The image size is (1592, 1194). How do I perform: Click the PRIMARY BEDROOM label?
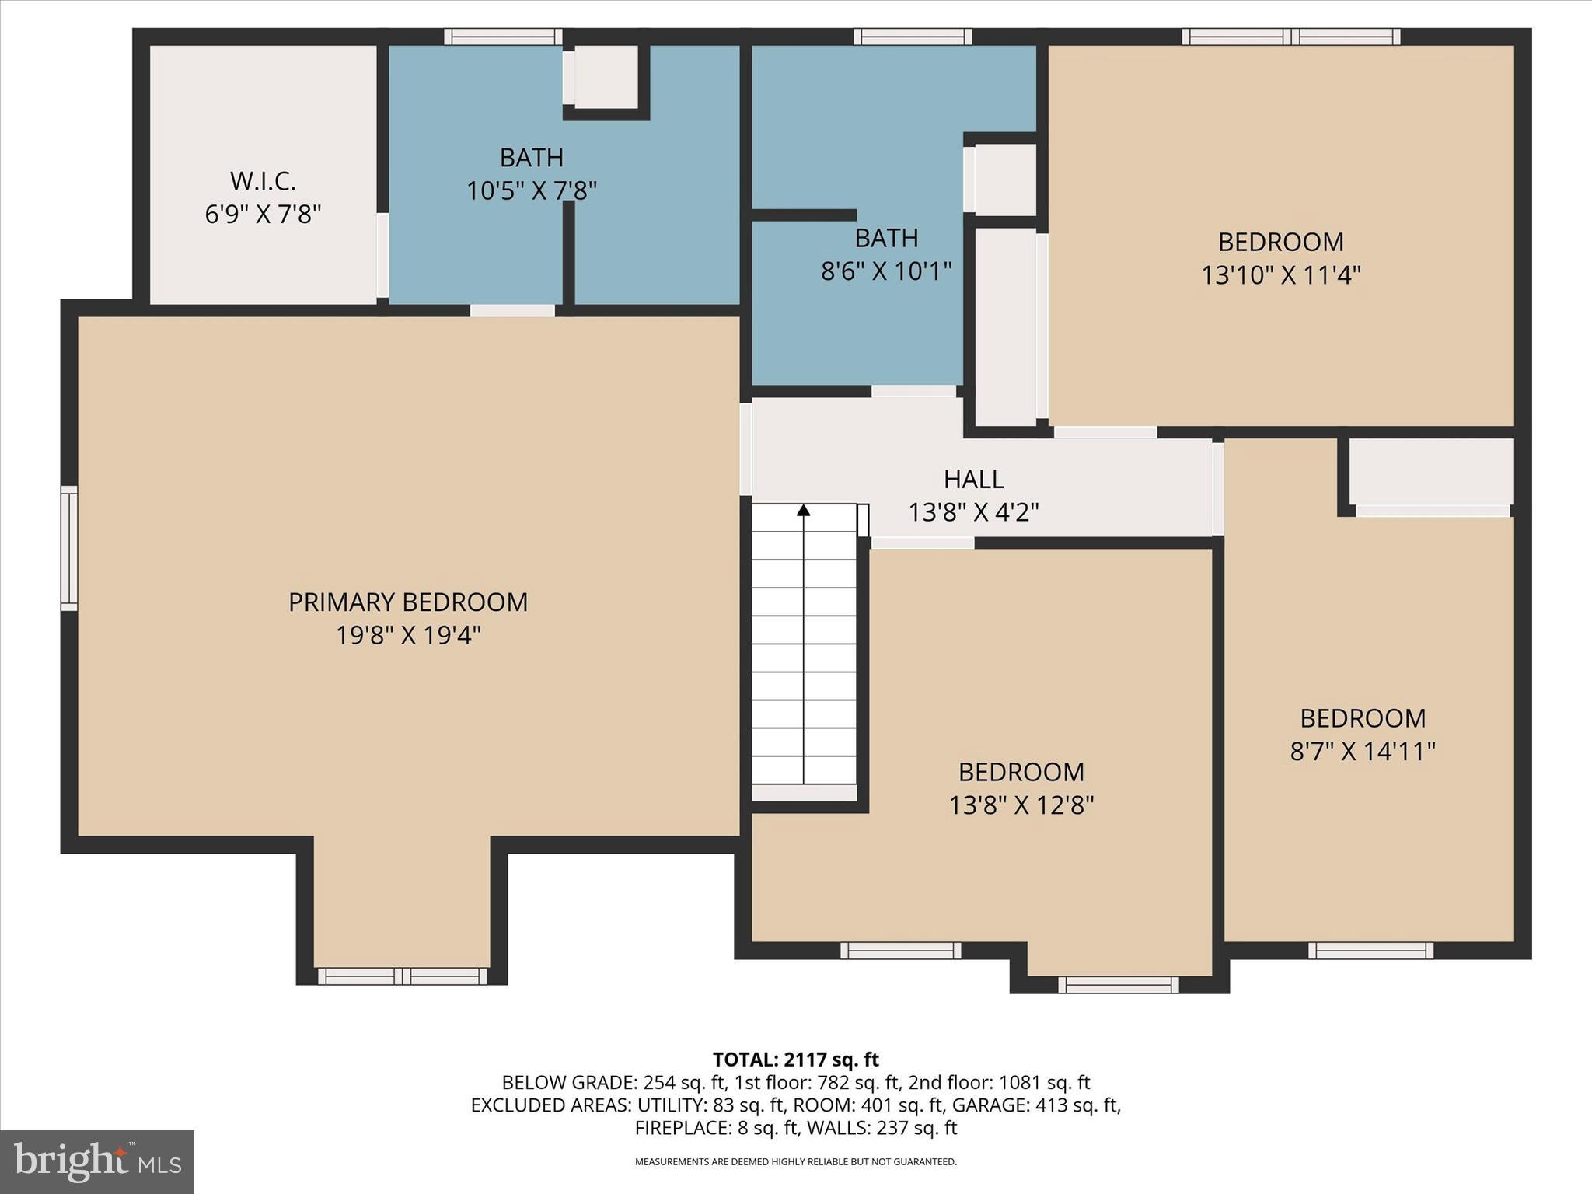point(408,602)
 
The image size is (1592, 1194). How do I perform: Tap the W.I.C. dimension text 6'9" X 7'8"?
point(263,215)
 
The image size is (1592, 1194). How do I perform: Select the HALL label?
point(973,479)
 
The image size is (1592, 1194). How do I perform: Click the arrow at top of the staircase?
point(804,510)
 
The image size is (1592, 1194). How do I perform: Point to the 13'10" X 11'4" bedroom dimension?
point(1281,275)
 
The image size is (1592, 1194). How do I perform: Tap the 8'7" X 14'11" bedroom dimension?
point(1362,752)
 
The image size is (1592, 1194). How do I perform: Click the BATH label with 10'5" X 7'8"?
point(531,158)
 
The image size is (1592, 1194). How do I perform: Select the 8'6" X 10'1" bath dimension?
point(886,271)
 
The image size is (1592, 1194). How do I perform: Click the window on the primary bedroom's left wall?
point(69,548)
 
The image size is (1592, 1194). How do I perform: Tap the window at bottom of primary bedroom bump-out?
point(402,976)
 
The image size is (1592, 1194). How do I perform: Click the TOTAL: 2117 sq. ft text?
point(795,1060)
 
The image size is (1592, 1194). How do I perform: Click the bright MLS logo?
point(97,1162)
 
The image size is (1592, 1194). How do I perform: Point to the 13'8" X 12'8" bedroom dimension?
point(1021,805)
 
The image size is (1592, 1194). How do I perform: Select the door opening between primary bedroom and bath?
point(512,310)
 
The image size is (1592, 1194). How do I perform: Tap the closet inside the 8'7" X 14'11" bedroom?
point(1431,472)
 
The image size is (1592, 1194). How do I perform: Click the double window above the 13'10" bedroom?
point(1290,37)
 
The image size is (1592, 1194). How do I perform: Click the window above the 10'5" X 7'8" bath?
point(503,37)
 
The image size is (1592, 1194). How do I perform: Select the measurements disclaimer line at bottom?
point(795,1162)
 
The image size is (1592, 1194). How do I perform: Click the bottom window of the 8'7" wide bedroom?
point(1370,950)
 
